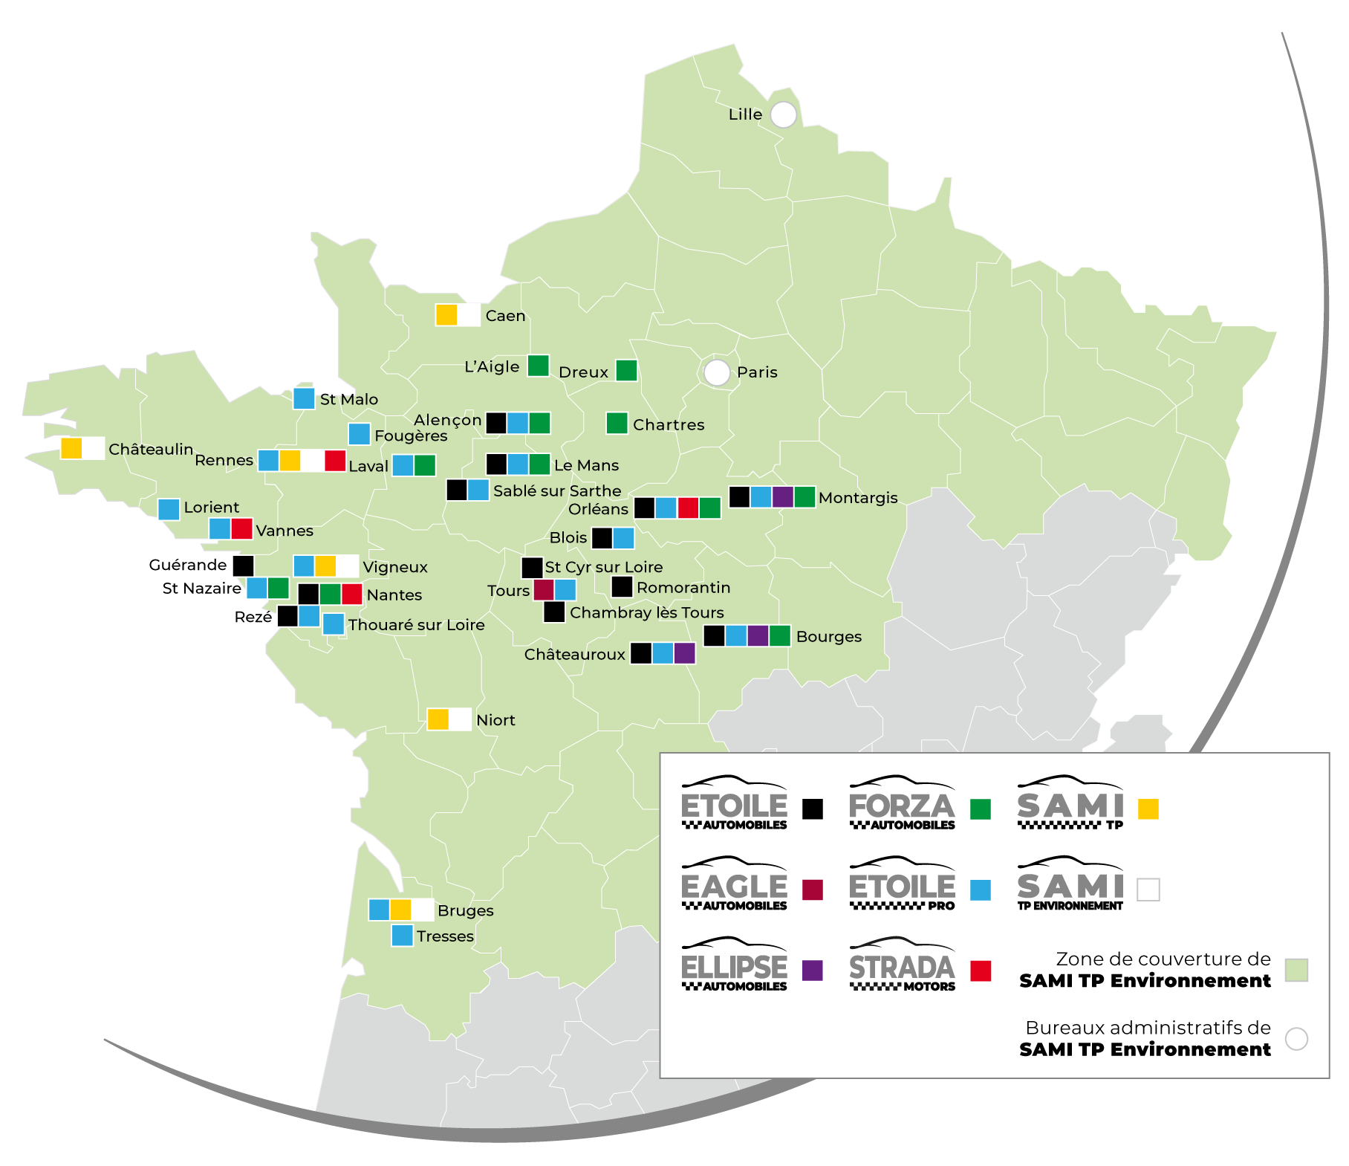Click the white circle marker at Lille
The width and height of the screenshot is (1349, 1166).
pyautogui.click(x=783, y=115)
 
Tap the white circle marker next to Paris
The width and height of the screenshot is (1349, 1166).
pyautogui.click(x=717, y=372)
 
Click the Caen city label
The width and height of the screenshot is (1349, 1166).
pyautogui.click(x=505, y=316)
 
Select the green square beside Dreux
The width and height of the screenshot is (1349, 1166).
pyautogui.click(x=626, y=370)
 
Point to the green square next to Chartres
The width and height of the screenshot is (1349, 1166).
pyautogui.click(x=617, y=424)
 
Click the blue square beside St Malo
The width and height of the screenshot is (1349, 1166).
pyautogui.click(x=304, y=398)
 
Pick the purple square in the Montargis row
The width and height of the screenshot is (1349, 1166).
pyautogui.click(x=782, y=496)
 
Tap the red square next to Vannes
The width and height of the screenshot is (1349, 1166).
pyautogui.click(x=241, y=528)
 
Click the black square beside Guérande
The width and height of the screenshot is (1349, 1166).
pyautogui.click(x=243, y=566)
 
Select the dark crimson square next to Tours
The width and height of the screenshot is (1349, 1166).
pyautogui.click(x=544, y=590)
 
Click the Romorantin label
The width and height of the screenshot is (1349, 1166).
pyautogui.click(x=683, y=588)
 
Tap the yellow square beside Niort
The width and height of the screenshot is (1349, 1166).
pyautogui.click(x=438, y=719)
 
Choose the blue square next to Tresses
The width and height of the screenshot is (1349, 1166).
pyautogui.click(x=402, y=936)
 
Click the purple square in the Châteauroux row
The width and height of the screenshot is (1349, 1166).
pyautogui.click(x=684, y=653)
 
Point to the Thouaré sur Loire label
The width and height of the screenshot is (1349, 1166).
pyautogui.click(x=416, y=625)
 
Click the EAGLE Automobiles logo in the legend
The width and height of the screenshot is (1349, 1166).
pyautogui.click(x=734, y=884)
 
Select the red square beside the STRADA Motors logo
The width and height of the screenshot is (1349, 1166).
pyautogui.click(x=981, y=971)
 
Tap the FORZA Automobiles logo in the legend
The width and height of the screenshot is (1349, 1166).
pyautogui.click(x=902, y=803)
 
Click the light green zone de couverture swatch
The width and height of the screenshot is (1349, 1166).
pyautogui.click(x=1296, y=970)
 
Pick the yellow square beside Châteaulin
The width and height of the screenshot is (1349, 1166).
pyautogui.click(x=71, y=448)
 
